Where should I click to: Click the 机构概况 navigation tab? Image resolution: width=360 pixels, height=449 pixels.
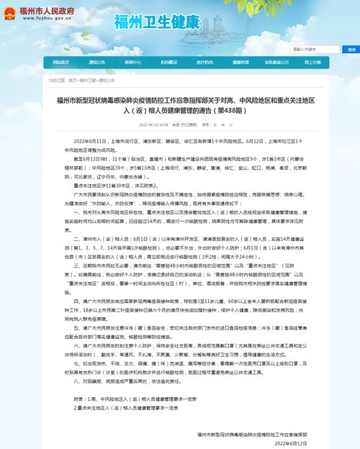tap(168, 63)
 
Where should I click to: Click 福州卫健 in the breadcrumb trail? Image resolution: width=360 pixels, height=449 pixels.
tap(87, 81)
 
